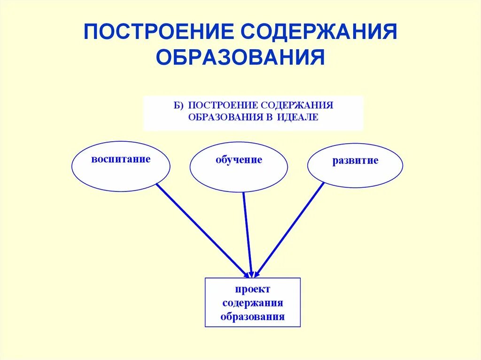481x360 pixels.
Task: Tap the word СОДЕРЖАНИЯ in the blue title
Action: click(319, 32)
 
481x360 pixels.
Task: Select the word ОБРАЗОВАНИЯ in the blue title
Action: click(240, 58)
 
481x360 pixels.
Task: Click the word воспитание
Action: click(121, 159)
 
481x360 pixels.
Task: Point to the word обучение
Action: click(239, 160)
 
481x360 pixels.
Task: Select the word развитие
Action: click(355, 161)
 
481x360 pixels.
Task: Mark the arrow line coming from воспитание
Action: click(202, 230)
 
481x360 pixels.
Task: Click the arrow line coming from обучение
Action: click(248, 235)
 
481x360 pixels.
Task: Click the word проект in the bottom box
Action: click(253, 290)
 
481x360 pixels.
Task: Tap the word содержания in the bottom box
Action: click(253, 303)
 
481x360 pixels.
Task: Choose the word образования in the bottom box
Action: click(253, 316)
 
